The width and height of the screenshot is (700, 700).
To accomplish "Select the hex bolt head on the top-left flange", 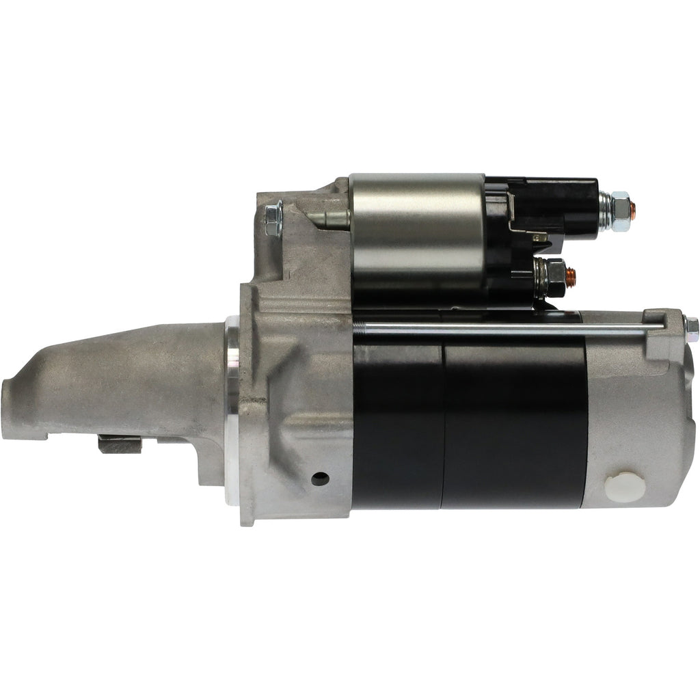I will point(273,219).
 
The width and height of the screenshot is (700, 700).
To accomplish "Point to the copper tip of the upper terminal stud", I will point(636,208).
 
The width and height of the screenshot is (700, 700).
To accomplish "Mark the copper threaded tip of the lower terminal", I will point(572,276).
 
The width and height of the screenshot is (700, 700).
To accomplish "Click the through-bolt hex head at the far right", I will point(692,329).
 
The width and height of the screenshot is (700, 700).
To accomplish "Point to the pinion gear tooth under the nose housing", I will point(120,444).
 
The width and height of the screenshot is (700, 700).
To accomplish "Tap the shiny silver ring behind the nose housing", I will point(232,410).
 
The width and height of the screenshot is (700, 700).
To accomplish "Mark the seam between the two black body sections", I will point(443,424).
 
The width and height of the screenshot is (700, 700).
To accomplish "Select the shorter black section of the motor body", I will point(396,424).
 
